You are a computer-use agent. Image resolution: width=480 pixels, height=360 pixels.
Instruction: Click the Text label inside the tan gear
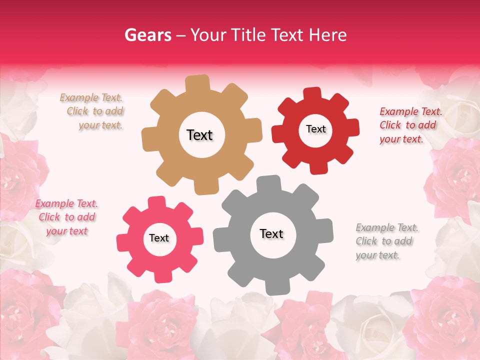199,135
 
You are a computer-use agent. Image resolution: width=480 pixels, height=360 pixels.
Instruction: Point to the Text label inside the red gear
315,129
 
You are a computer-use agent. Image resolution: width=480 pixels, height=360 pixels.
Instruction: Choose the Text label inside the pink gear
159,238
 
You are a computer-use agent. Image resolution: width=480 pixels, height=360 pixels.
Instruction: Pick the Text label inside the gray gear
271,234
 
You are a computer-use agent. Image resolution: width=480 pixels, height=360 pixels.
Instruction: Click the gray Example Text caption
386,241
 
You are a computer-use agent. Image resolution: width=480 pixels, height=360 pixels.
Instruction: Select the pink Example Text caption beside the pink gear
66,217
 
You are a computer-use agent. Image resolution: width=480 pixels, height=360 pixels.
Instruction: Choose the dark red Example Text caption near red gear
409,125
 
